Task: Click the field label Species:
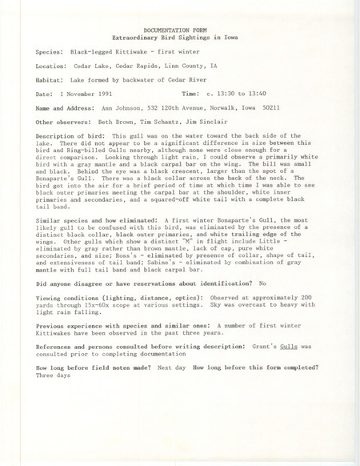click(51, 49)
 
